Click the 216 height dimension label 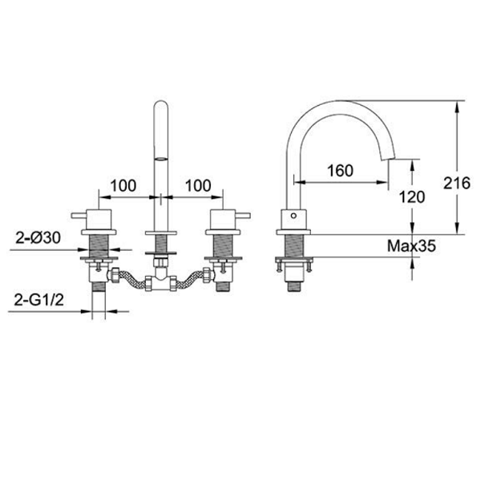coord(456,184)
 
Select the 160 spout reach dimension coord(340,171)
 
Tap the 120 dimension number coord(412,197)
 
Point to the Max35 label coord(411,246)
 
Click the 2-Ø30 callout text coord(38,237)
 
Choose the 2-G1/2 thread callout coord(39,299)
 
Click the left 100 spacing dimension coord(123,186)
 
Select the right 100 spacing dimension coord(198,186)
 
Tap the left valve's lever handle coord(79,216)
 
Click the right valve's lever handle coord(243,216)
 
